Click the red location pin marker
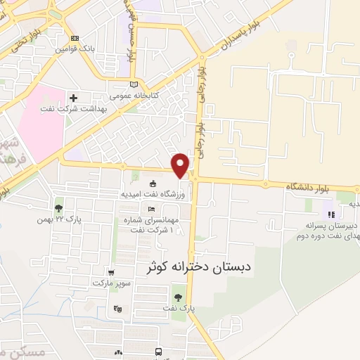coord(181,165)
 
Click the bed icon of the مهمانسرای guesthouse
coord(151,209)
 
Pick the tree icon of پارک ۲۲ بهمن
coord(58,208)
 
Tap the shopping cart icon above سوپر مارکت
coord(110,272)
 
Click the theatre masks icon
coord(117,308)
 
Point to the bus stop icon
coord(159,350)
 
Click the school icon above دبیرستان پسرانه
coord(330,214)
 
